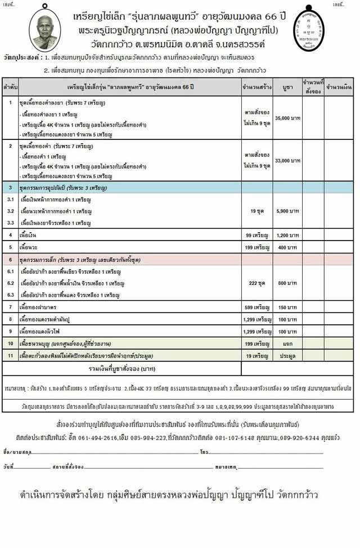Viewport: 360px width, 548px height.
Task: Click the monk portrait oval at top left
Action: pyautogui.click(x=45, y=28)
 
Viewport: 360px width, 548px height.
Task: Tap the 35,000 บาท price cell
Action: pyautogui.click(x=287, y=119)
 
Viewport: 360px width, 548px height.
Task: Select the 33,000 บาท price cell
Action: pyautogui.click(x=287, y=161)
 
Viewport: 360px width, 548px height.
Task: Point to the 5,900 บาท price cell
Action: pyautogui.click(x=287, y=211)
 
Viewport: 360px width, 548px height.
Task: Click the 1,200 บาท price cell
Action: pyautogui.click(x=287, y=234)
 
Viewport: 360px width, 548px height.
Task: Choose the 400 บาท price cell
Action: pyautogui.click(x=287, y=247)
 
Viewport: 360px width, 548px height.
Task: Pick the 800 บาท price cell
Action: pyautogui.click(x=287, y=283)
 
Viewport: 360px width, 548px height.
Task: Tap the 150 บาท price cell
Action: pyautogui.click(x=287, y=307)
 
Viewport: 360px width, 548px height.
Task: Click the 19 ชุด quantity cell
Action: pyautogui.click(x=256, y=211)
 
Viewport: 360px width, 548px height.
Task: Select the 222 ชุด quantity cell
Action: pyautogui.click(x=256, y=283)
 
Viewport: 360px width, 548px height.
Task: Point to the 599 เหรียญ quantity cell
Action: pyautogui.click(x=256, y=307)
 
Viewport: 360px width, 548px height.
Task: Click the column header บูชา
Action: pyautogui.click(x=287, y=87)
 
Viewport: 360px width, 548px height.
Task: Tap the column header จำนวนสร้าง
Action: pyautogui.click(x=256, y=87)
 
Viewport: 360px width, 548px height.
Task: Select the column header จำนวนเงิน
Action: pyautogui.click(x=339, y=87)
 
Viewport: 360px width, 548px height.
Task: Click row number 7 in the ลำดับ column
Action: pyautogui.click(x=10, y=307)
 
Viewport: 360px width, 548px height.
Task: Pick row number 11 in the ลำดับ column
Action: pyautogui.click(x=10, y=356)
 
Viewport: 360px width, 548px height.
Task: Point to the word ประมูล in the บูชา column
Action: pyautogui.click(x=287, y=356)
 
